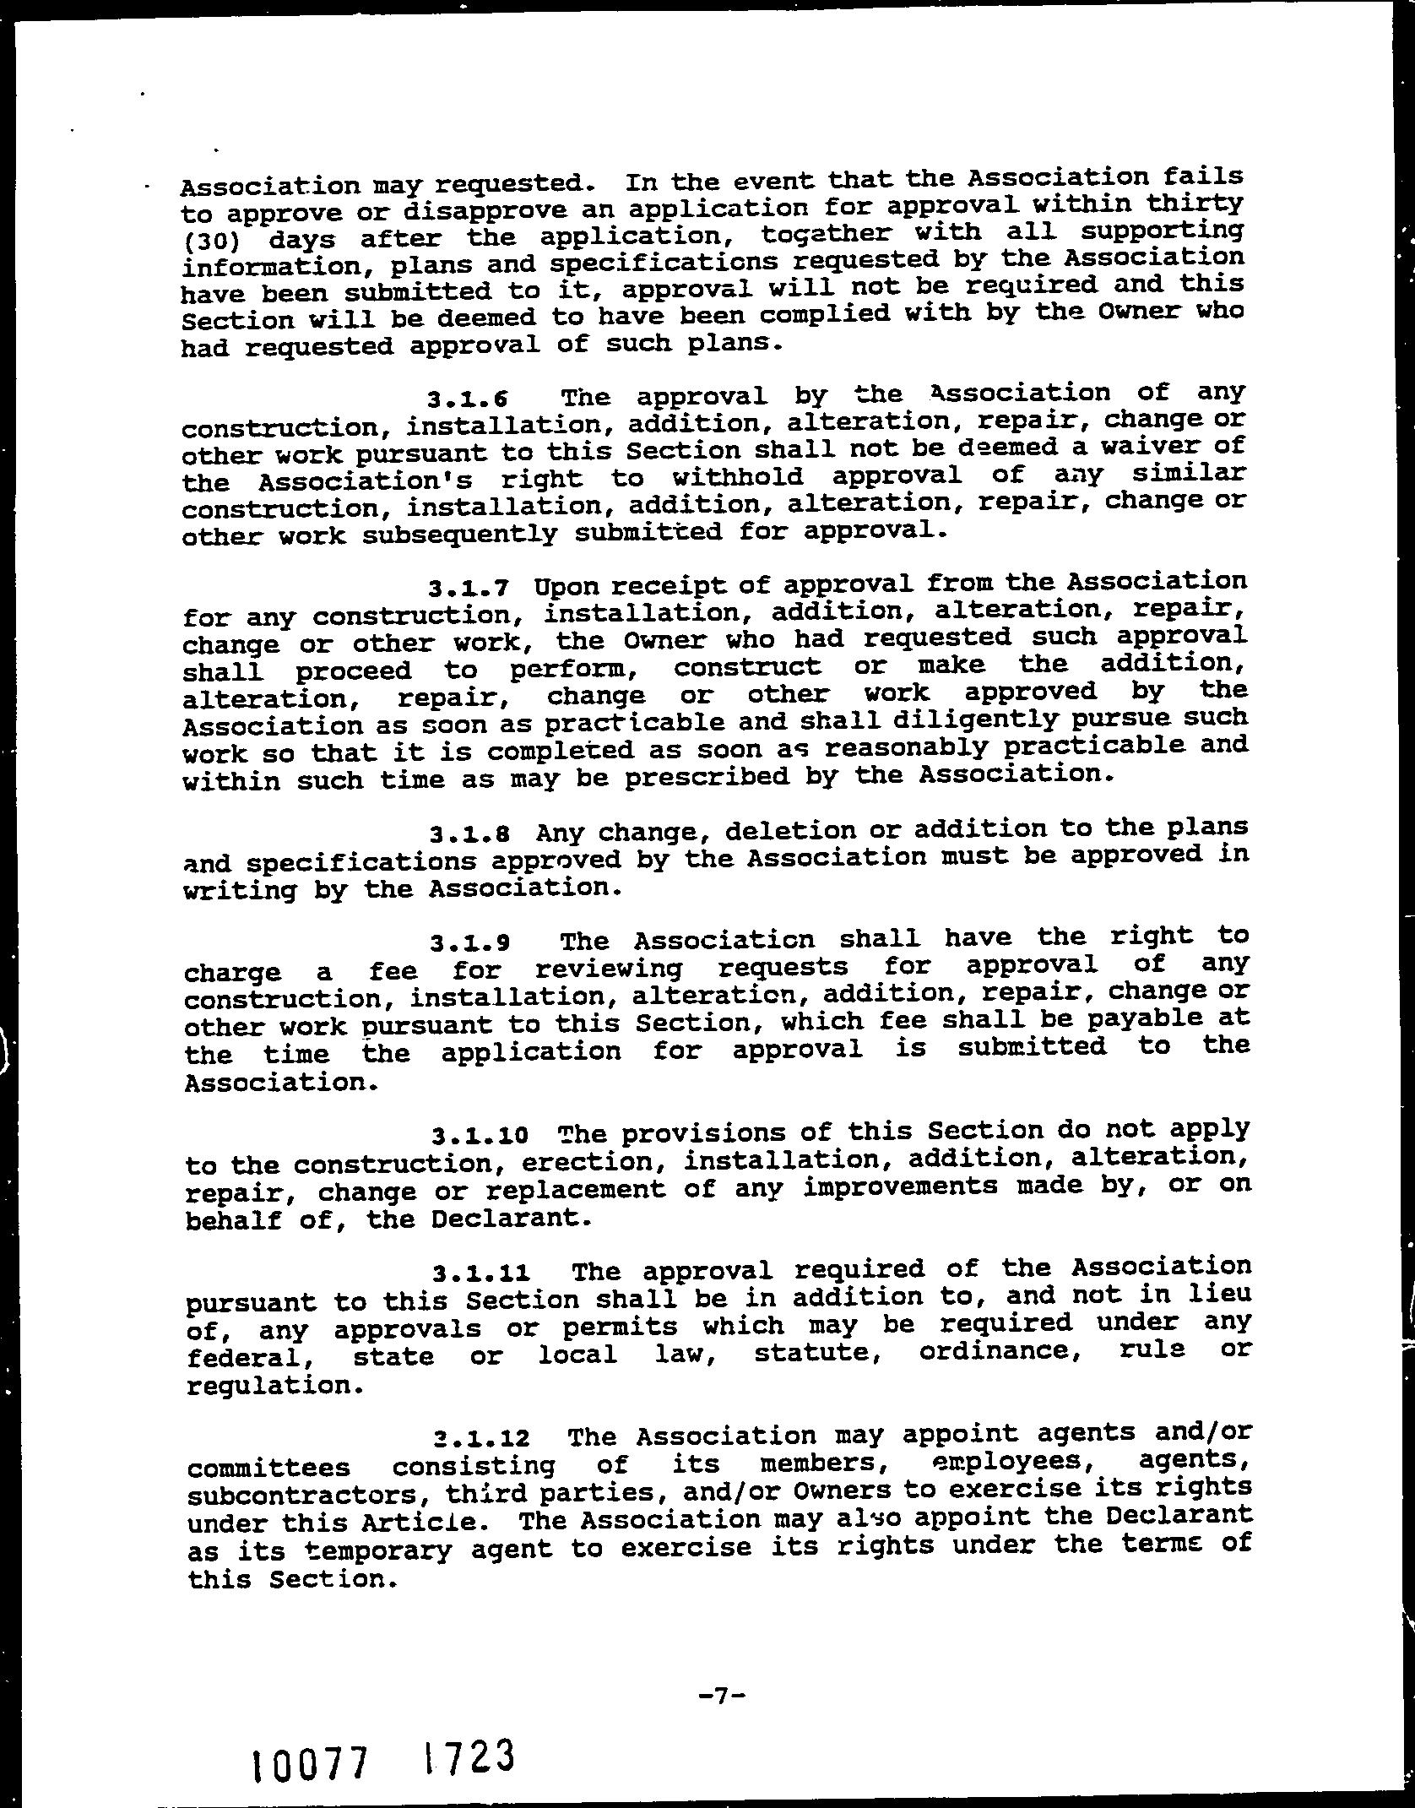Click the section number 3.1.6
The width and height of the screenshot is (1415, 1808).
(469, 398)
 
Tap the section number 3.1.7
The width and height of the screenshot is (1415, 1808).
(469, 588)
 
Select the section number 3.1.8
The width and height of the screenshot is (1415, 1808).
(469, 836)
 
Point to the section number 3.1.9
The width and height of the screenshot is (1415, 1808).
(469, 942)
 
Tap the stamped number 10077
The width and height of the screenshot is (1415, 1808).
(312, 1740)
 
